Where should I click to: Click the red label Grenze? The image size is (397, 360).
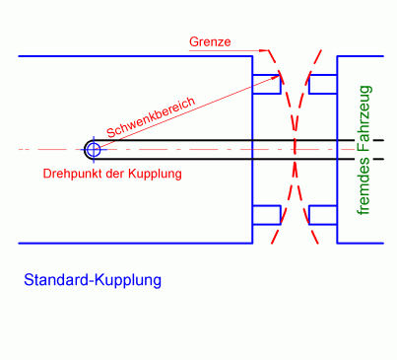209,42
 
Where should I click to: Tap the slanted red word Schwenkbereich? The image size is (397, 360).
151,117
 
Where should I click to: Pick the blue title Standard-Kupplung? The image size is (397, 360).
92,280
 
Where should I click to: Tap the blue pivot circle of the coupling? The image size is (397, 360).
93,150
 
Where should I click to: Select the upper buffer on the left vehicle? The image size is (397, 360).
267,85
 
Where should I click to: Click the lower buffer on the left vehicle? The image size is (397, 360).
267,214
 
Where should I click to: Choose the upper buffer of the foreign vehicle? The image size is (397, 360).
323,85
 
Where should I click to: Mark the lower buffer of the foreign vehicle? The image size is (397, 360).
323,214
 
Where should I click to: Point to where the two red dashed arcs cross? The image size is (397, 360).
295,150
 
